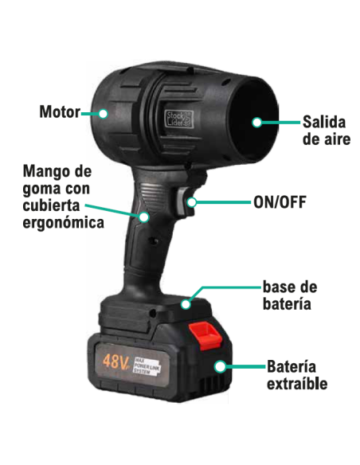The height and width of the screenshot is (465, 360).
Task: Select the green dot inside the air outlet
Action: tap(256, 122)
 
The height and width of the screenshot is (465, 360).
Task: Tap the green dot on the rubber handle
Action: tap(145, 215)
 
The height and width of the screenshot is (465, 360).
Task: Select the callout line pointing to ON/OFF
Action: tap(223, 201)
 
